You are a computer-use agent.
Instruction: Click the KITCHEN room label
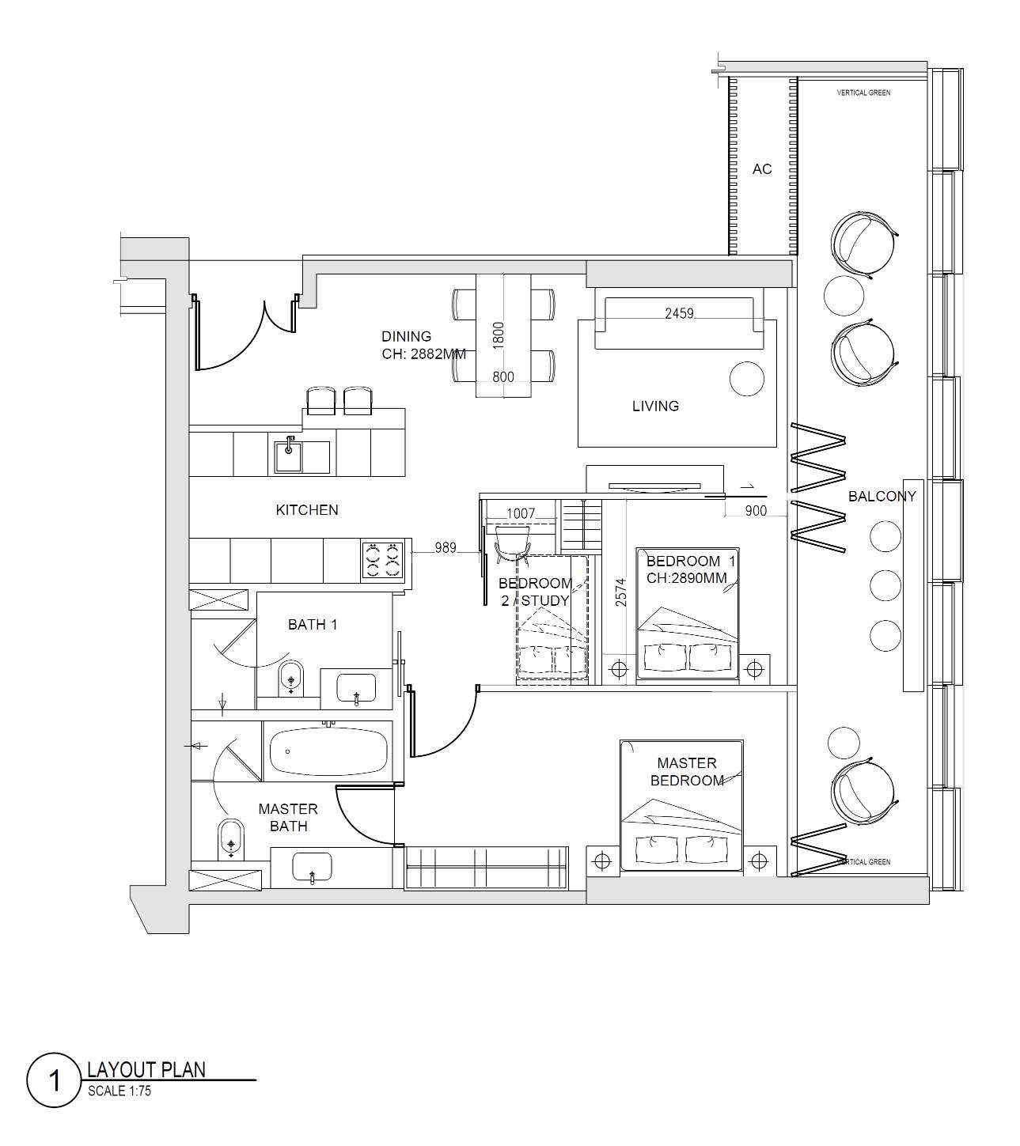coord(307,510)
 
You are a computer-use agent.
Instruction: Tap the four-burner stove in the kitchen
coord(383,560)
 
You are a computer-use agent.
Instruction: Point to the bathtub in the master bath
coord(328,752)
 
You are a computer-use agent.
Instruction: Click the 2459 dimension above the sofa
coord(679,313)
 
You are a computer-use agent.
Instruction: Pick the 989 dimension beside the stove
coord(446,547)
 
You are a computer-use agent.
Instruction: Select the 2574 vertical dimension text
coord(621,592)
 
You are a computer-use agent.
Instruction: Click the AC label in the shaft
coord(762,169)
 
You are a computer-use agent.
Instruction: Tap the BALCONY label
coord(882,497)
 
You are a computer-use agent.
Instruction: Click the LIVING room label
coord(655,407)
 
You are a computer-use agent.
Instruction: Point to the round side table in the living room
coord(747,378)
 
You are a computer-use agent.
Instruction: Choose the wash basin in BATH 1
coord(356,688)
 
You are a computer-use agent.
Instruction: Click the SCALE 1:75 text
coord(119,1091)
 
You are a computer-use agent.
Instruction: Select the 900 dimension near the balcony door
coord(756,511)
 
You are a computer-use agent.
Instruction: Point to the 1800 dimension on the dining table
coord(498,335)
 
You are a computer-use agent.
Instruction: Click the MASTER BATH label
coord(288,817)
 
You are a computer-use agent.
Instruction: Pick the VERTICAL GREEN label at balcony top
coord(863,93)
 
